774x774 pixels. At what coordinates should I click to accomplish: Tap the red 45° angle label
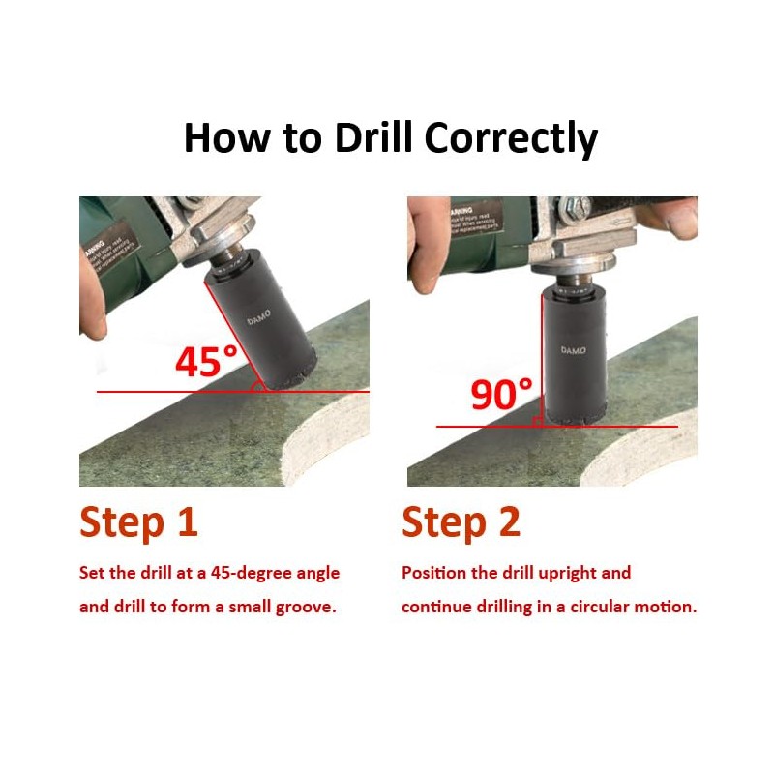pos(206,361)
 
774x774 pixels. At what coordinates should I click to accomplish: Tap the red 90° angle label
pos(501,395)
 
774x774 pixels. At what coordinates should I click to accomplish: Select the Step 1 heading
pos(138,521)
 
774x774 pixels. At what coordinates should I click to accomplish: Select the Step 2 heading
pos(461,521)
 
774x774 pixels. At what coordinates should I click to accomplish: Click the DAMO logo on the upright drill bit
pos(573,350)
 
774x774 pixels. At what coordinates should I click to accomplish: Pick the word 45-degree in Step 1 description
pos(248,573)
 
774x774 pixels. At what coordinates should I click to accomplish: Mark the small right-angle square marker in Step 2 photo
pos(537,421)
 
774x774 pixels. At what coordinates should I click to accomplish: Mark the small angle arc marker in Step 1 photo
pos(258,386)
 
